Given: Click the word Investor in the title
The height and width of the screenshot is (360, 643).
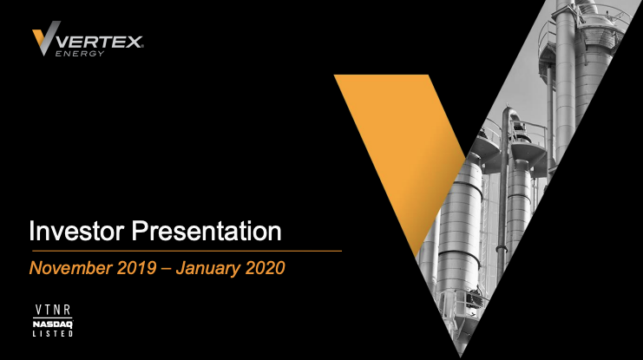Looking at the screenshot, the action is tap(76, 231).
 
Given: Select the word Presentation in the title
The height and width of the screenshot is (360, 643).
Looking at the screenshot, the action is tap(207, 231).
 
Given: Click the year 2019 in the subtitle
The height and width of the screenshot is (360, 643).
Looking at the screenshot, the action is tap(136, 268).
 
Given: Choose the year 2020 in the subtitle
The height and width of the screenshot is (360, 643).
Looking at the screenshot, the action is tap(265, 268).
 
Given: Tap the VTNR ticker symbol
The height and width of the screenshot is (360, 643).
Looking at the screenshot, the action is tap(53, 310).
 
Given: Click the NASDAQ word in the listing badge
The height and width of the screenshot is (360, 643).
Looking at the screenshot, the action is tap(53, 324).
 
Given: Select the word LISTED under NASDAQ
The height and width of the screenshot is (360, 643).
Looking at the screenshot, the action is tap(53, 333).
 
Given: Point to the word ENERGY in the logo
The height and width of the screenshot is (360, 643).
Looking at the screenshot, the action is tap(80, 53).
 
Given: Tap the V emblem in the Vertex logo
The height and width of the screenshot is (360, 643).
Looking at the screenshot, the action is tap(46, 37).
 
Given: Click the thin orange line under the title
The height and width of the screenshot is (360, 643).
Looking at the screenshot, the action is tap(187, 251).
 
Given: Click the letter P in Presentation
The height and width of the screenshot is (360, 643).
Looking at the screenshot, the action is tap(138, 231).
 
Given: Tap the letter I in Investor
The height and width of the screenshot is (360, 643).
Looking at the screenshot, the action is tap(31, 231).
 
